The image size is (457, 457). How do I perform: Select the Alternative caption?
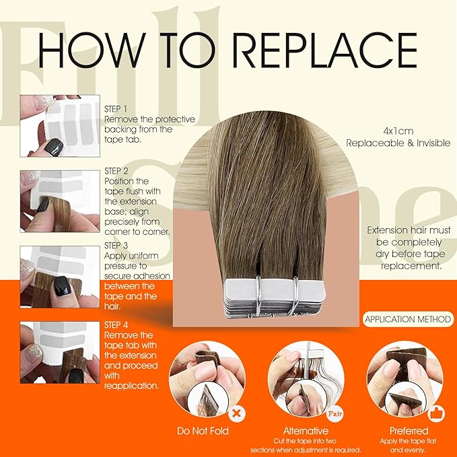pyautogui.click(x=305, y=431)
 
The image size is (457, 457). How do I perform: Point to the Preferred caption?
pyautogui.click(x=408, y=431)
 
